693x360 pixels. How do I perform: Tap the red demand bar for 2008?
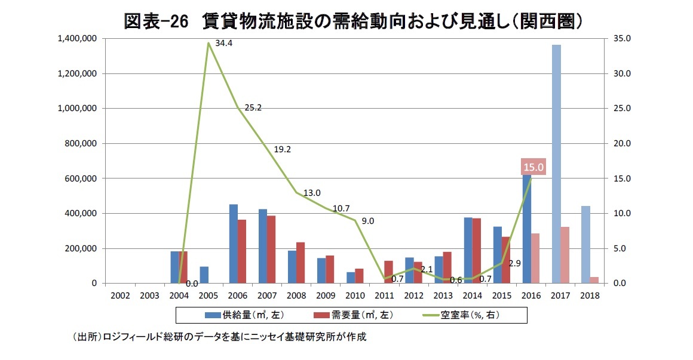click(300, 263)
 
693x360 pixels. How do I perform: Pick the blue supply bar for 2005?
click(204, 275)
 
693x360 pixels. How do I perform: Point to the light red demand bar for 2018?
click(594, 280)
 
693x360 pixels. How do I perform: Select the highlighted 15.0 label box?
click(533, 168)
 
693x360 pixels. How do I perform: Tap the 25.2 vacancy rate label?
click(253, 108)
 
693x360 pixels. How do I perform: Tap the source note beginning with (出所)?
click(218, 337)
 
